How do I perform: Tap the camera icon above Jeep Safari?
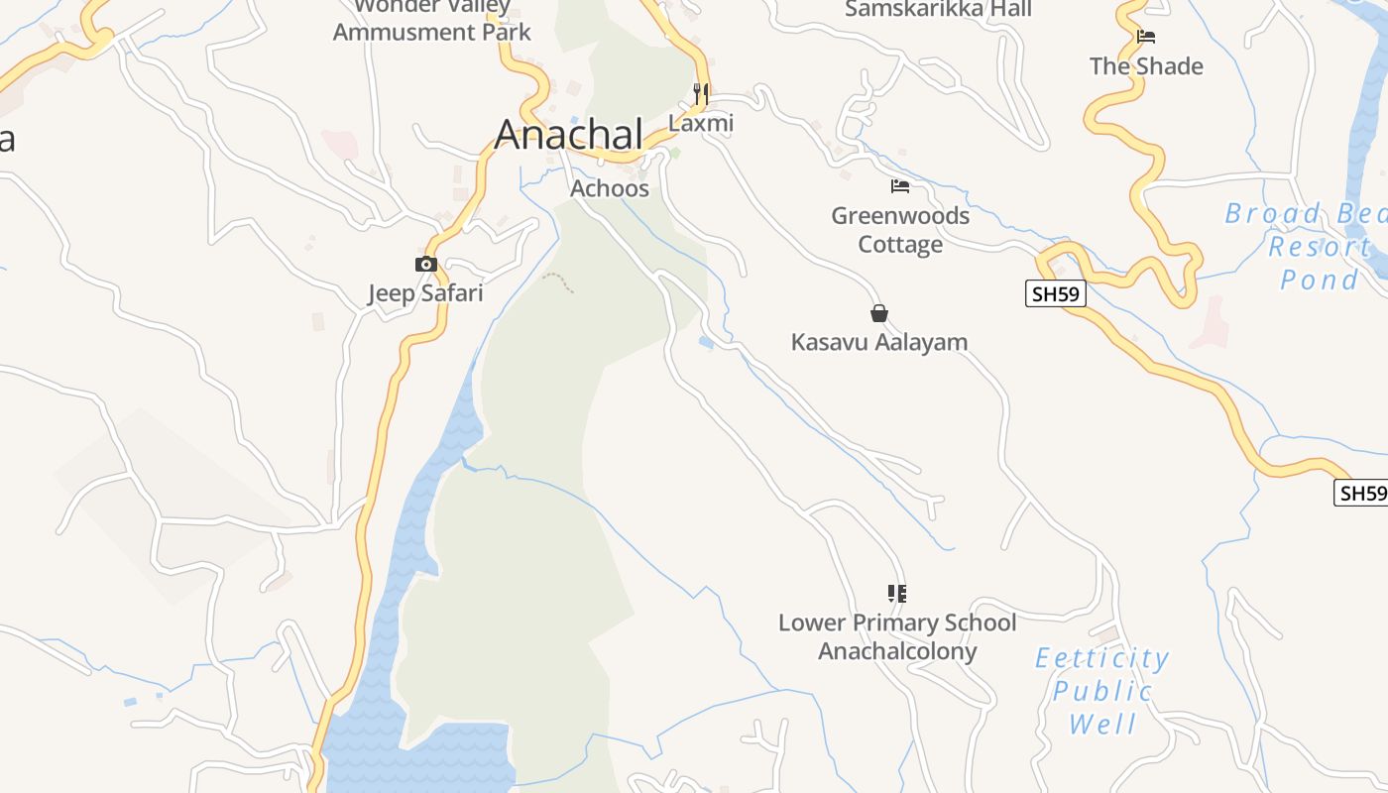(x=425, y=264)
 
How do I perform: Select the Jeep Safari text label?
(x=425, y=292)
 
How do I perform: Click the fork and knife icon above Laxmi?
(x=701, y=94)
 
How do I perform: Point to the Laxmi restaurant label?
(x=701, y=123)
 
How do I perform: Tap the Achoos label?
(x=610, y=188)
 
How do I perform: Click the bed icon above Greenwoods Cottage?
(x=900, y=186)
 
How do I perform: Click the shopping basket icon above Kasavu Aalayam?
(x=878, y=313)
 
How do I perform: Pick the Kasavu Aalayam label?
(x=878, y=342)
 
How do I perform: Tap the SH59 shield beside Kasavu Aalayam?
(x=1056, y=293)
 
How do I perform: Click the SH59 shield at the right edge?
(x=1361, y=493)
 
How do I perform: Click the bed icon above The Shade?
(x=1146, y=37)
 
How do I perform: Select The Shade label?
(x=1146, y=66)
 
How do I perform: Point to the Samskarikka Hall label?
(x=938, y=10)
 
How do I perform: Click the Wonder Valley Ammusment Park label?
(x=432, y=22)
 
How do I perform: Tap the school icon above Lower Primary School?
(x=896, y=594)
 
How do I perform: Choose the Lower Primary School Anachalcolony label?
(x=896, y=636)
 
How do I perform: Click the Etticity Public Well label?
(x=1102, y=691)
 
